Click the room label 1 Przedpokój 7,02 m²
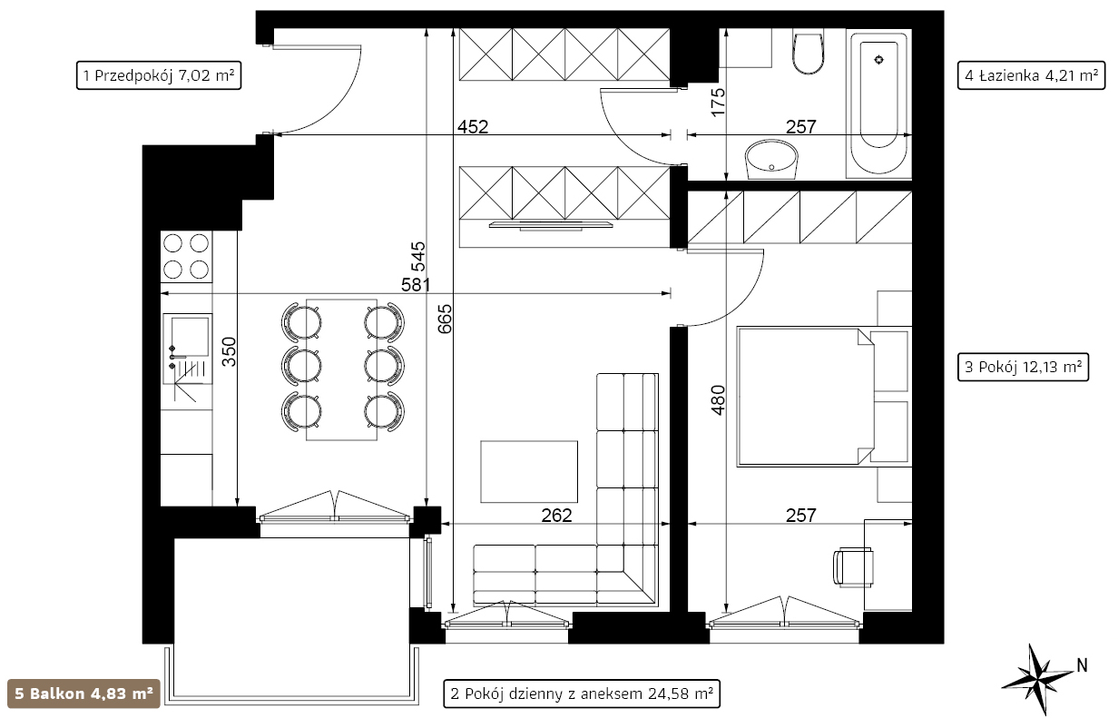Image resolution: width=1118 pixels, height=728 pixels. click(159, 75)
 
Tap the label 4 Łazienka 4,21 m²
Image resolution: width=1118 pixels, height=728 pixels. click(1031, 75)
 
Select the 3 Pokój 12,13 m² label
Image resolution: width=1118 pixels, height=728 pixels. click(1023, 367)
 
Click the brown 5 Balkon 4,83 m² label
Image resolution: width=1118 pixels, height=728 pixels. click(83, 694)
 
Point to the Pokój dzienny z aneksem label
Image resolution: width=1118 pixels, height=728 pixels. click(582, 694)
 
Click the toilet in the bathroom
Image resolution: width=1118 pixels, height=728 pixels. click(808, 53)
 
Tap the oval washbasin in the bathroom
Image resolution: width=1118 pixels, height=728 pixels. click(771, 159)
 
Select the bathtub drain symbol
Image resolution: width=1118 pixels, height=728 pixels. click(878, 60)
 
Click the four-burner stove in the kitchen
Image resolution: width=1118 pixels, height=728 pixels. click(186, 257)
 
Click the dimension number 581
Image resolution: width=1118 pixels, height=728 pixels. click(416, 285)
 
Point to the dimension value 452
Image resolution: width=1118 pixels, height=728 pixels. click(472, 127)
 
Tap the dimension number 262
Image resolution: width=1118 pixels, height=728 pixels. click(556, 516)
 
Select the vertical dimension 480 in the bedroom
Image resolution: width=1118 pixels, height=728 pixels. click(718, 399)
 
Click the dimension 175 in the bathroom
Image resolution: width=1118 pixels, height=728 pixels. click(718, 103)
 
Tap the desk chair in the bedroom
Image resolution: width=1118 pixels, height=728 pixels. click(853, 566)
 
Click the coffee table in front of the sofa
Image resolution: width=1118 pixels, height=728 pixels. click(529, 471)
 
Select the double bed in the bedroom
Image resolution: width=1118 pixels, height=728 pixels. click(824, 397)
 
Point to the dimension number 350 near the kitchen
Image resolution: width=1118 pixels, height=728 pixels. click(229, 351)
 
